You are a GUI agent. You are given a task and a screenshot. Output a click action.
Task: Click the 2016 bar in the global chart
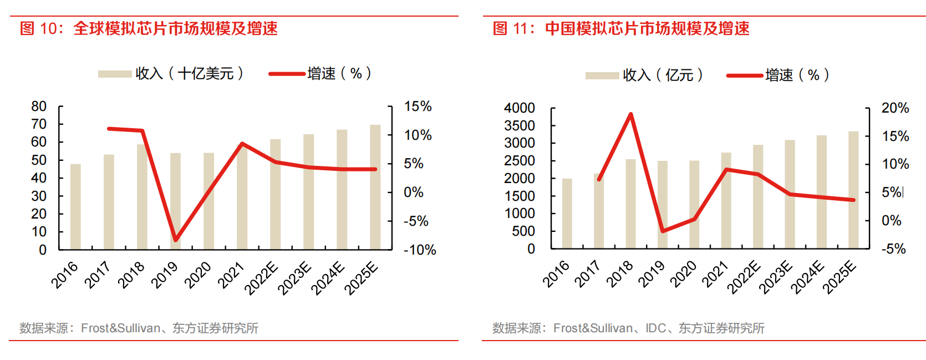(x=75, y=206)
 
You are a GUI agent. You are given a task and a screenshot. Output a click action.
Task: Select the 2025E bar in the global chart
(x=375, y=187)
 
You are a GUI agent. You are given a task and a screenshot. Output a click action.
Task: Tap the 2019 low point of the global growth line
(x=176, y=240)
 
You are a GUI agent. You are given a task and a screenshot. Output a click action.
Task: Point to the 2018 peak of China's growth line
(x=631, y=114)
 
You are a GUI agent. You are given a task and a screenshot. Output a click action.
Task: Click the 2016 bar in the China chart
(x=567, y=213)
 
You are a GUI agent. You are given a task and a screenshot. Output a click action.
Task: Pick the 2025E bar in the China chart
(x=853, y=190)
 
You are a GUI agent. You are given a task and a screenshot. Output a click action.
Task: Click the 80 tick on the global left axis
(x=39, y=107)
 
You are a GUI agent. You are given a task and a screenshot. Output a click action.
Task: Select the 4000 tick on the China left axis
(x=519, y=108)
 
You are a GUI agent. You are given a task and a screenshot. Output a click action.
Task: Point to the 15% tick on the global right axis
(x=418, y=107)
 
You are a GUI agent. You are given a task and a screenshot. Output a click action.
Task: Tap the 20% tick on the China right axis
(x=895, y=108)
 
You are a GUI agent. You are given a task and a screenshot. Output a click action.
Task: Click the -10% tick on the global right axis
(x=420, y=250)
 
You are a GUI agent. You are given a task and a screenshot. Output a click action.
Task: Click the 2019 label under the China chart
(x=652, y=274)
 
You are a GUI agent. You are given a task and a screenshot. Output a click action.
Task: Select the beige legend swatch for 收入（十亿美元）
(x=115, y=74)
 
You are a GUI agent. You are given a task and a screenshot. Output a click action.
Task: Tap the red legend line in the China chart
(x=744, y=75)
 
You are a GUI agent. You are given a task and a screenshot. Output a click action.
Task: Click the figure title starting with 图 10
(x=149, y=29)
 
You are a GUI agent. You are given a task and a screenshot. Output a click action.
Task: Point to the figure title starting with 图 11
(x=621, y=29)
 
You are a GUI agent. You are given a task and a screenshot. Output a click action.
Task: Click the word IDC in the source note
(x=655, y=328)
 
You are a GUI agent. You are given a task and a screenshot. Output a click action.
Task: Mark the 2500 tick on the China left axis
(x=519, y=161)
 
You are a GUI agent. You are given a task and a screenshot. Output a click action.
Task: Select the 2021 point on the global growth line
(x=242, y=144)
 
